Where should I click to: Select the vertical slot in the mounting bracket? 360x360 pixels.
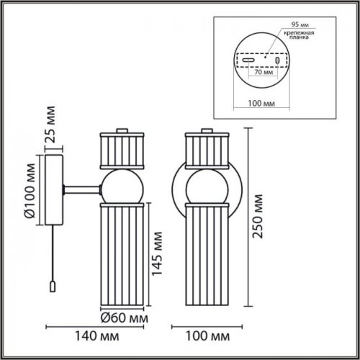tap(277, 61)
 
